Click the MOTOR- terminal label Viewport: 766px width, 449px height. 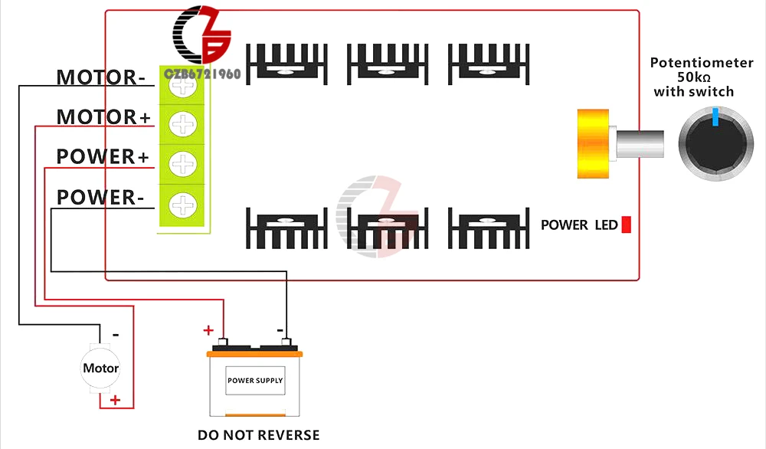(100, 77)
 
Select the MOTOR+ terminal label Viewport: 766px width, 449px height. (103, 117)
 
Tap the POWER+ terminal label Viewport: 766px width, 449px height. (103, 157)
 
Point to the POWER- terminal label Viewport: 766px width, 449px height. (100, 198)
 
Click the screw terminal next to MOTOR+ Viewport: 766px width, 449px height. (183, 124)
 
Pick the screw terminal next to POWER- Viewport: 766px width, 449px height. (183, 205)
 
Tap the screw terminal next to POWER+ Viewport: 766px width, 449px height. (183, 164)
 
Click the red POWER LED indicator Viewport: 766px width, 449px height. (627, 224)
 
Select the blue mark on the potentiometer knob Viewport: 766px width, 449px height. (715, 117)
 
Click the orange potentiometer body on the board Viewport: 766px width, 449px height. (593, 143)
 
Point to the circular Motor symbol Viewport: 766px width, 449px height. (100, 369)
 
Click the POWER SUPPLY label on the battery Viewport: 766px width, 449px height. (255, 381)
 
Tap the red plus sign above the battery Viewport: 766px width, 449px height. (208, 330)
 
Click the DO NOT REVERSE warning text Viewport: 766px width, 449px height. (258, 435)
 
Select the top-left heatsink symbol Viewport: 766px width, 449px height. (286, 64)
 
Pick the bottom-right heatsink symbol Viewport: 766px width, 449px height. (489, 228)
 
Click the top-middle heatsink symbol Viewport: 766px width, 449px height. (388, 64)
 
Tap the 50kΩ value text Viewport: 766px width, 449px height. (694, 77)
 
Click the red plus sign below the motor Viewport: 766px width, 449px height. (116, 401)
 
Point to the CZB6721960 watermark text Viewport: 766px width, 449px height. (202, 74)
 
